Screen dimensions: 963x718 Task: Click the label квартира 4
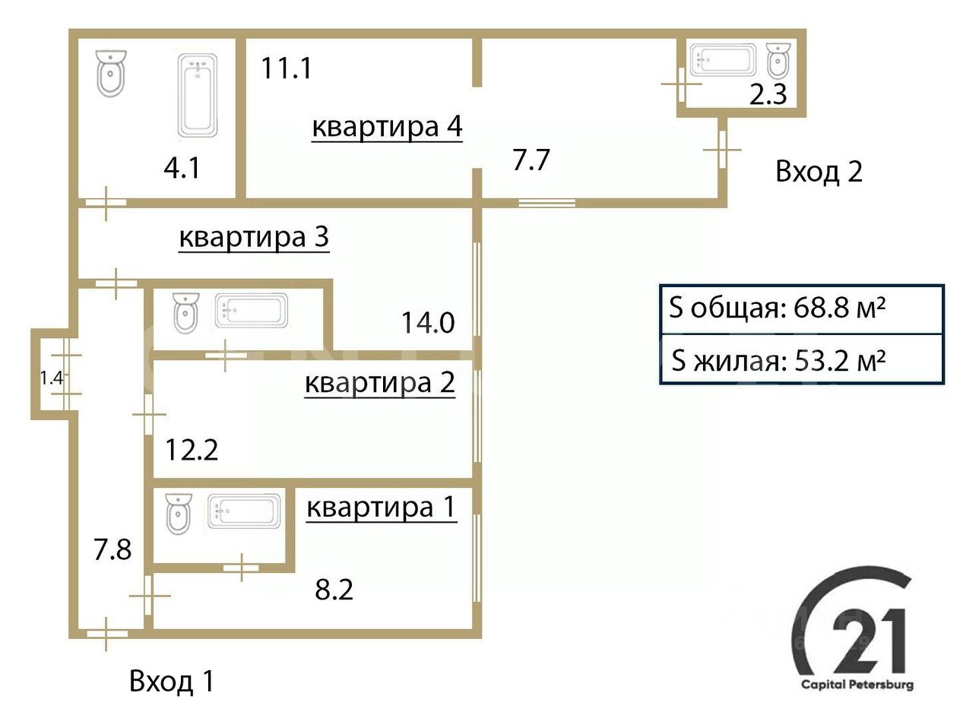point(387,127)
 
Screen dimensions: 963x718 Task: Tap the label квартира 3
point(254,237)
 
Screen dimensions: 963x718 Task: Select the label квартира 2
point(380,383)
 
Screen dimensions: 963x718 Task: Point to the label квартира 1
point(382,508)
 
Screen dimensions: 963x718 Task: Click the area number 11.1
point(286,68)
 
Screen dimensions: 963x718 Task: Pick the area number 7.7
point(531,160)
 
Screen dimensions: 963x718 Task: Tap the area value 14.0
point(428,323)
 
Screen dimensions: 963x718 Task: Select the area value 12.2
point(192,450)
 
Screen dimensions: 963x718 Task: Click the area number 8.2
point(334,590)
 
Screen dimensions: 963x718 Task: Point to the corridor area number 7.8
point(112,550)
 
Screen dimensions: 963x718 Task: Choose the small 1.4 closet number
point(52,378)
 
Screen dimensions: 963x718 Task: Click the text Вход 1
point(172,682)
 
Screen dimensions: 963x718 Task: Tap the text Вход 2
point(819,172)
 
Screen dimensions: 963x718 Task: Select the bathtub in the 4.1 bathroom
point(198,95)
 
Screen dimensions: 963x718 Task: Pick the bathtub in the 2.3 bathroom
point(723,60)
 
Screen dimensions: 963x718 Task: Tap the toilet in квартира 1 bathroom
point(178,514)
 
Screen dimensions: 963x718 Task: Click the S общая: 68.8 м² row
point(801,309)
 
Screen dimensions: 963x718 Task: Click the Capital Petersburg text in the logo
point(857,685)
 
